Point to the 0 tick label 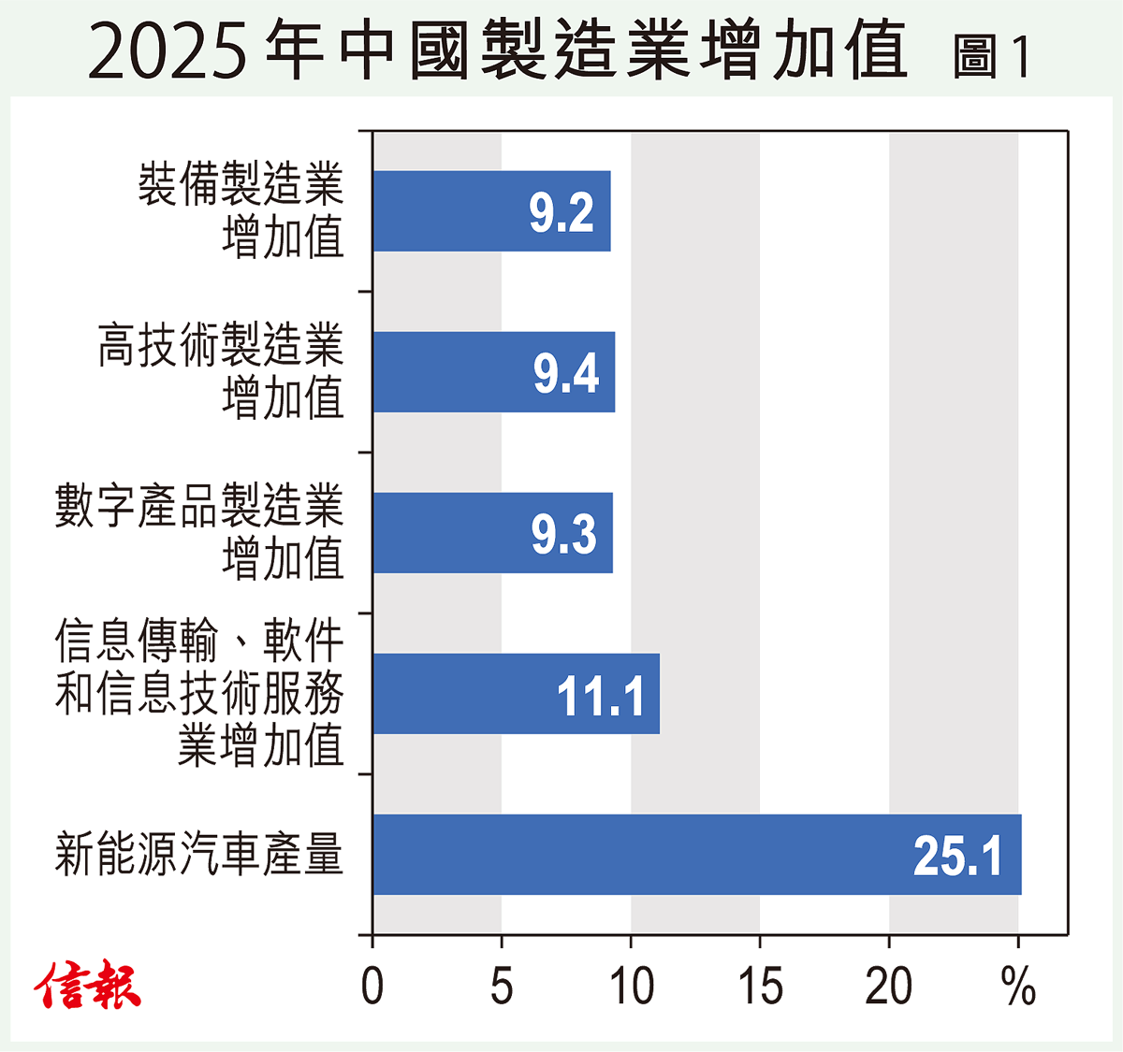(x=372, y=986)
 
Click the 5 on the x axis (x=502, y=986)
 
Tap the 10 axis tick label (x=631, y=986)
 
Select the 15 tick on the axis (x=760, y=986)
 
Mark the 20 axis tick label (x=889, y=986)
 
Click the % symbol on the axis (x=1018, y=986)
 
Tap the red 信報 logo (x=88, y=986)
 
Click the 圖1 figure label (x=992, y=56)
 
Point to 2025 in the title (x=168, y=52)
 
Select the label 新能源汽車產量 (x=199, y=855)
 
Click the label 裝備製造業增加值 (x=241, y=211)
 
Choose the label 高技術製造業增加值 (x=222, y=372)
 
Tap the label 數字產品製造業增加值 (x=199, y=533)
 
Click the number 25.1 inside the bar (x=957, y=857)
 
